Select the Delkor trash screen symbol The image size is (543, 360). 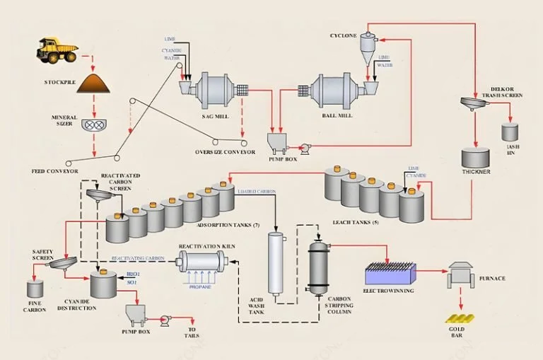[x=474, y=104]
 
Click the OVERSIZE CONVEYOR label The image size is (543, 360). [x=225, y=151]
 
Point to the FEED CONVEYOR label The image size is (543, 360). [x=55, y=171]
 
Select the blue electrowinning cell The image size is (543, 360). [x=390, y=273]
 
